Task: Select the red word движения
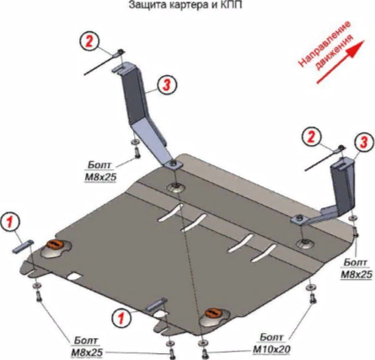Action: pos(334,52)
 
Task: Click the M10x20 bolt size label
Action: pos(271,349)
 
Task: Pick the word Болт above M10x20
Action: pos(272,337)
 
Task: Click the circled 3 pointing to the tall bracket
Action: pos(168,84)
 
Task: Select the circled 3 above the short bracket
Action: pos(364,142)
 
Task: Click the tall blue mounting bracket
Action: pos(143,112)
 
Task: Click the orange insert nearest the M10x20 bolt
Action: pos(214,313)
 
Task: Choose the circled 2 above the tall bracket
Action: pos(89,42)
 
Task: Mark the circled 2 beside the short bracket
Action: pos(311,137)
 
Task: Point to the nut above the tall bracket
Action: pos(121,51)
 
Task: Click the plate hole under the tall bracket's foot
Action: pos(176,187)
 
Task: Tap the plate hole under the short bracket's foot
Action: pos(305,244)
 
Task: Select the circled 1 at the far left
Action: pos(10,223)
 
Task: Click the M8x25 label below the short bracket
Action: pos(356,274)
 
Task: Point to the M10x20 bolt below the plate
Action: pos(203,352)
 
